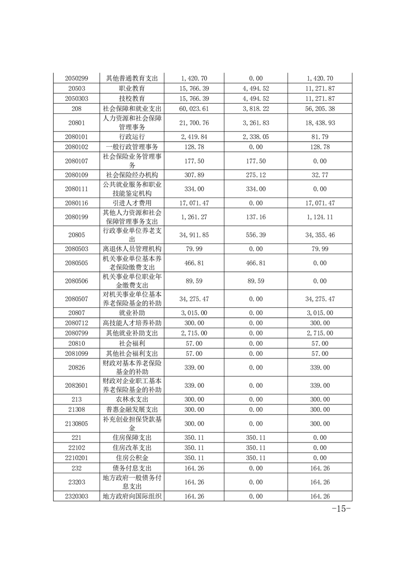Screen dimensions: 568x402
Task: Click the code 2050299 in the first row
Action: [77, 78]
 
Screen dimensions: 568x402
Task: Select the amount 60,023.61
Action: [195, 108]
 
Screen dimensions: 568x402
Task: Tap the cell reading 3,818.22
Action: [256, 108]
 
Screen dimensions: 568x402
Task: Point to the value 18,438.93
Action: [320, 123]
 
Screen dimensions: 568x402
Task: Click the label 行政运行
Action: [132, 137]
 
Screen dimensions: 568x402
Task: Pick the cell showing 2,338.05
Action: [256, 137]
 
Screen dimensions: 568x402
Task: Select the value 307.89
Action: [195, 175]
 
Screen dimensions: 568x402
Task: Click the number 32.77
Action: [320, 175]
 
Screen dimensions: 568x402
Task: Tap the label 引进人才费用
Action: [132, 203]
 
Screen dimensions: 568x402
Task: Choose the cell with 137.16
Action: [256, 217]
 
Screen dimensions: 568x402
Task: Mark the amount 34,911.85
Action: [195, 235]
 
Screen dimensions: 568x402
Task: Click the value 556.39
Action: [256, 235]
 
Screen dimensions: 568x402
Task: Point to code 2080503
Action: [77, 249]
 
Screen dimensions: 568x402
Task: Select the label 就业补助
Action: [132, 313]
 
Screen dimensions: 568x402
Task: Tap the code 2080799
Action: [77, 333]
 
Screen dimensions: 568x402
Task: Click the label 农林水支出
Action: [132, 399]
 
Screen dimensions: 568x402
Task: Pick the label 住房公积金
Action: [132, 458]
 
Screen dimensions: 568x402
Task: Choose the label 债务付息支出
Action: [132, 468]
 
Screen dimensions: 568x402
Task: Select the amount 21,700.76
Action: [195, 123]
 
